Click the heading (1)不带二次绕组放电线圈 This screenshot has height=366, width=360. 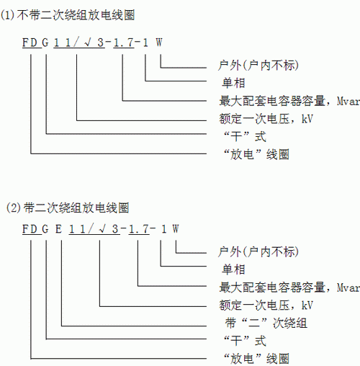click(67, 15)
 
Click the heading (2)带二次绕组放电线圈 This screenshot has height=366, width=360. click(68, 207)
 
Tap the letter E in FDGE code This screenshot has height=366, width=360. click(58, 229)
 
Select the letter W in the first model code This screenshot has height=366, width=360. click(159, 43)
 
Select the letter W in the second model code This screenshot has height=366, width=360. click(176, 229)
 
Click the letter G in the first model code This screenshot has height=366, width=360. click(45, 43)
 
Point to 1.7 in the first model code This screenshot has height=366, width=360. click(123, 43)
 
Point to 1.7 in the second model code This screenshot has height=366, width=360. click(138, 229)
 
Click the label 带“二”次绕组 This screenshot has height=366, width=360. click(266, 323)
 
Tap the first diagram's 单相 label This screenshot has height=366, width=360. click(233, 83)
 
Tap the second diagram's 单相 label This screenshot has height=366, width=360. click(233, 269)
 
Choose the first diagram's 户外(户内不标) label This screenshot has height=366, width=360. click(258, 66)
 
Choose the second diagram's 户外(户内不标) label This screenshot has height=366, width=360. click(258, 251)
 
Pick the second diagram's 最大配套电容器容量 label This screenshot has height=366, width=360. click(272, 287)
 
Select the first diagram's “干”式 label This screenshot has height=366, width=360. click(245, 136)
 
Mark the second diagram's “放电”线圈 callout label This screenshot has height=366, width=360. click(256, 359)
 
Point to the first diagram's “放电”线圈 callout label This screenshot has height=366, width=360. click(256, 154)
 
